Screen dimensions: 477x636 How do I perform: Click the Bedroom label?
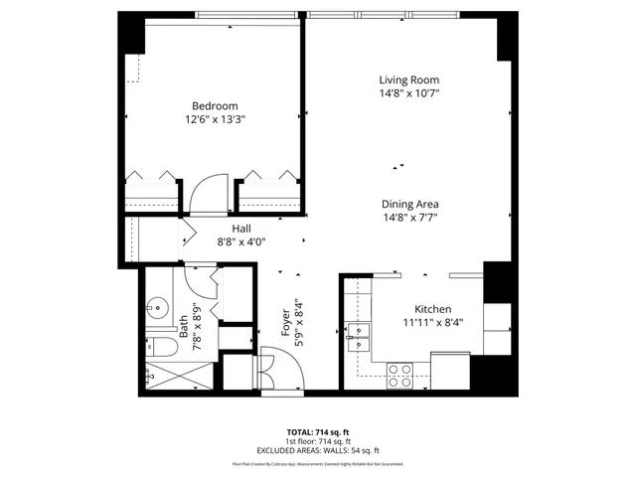(x=215, y=105)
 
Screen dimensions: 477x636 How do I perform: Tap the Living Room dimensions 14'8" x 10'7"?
(x=408, y=93)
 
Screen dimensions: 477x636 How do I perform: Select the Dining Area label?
(x=410, y=205)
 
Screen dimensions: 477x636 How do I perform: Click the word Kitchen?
(x=432, y=309)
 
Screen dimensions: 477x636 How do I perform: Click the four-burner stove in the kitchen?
(x=399, y=375)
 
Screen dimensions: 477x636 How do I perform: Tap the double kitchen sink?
(x=358, y=335)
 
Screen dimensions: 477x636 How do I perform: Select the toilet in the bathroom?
(x=158, y=346)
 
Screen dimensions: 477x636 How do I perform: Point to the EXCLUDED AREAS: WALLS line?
(x=318, y=451)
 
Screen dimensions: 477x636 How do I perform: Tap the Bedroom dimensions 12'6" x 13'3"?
(x=215, y=119)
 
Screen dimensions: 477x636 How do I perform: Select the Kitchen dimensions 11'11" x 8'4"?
(x=432, y=322)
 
